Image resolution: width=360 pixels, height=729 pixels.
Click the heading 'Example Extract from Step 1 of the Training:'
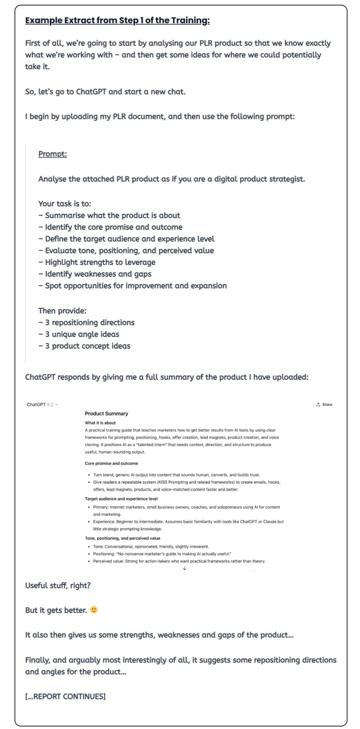pos(117,20)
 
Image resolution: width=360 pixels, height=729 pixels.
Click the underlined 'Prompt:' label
pos(53,154)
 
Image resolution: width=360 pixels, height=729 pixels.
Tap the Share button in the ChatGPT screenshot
pos(324,404)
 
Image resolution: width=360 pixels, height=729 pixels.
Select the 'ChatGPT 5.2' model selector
pos(42,404)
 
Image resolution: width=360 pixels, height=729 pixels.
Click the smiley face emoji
pos(94,610)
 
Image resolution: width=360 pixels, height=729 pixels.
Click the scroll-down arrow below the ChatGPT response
pos(184,568)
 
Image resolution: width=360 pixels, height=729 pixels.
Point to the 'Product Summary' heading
pos(106,413)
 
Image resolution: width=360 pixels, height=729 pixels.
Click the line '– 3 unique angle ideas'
pos(78,334)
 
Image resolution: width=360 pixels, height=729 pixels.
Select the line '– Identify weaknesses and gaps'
pos(95,274)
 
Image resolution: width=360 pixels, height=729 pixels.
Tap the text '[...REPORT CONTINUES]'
pos(65,696)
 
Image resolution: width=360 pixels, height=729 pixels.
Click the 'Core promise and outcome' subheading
pos(111,464)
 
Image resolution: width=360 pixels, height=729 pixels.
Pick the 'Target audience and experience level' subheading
pos(121,499)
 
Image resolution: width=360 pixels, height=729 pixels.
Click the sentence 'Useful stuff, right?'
pos(58,585)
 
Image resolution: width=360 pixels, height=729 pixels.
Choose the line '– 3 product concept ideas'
pos(84,346)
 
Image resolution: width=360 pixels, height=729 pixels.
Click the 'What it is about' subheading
pos(100,423)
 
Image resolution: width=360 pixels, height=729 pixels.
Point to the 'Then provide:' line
pos(62,311)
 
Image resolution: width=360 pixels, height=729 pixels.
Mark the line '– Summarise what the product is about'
pos(109,215)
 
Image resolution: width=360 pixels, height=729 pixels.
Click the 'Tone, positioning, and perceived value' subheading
pos(122,538)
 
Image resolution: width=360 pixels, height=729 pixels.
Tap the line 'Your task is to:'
pos(64,204)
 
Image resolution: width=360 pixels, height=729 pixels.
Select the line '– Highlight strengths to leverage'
pos(97,262)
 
